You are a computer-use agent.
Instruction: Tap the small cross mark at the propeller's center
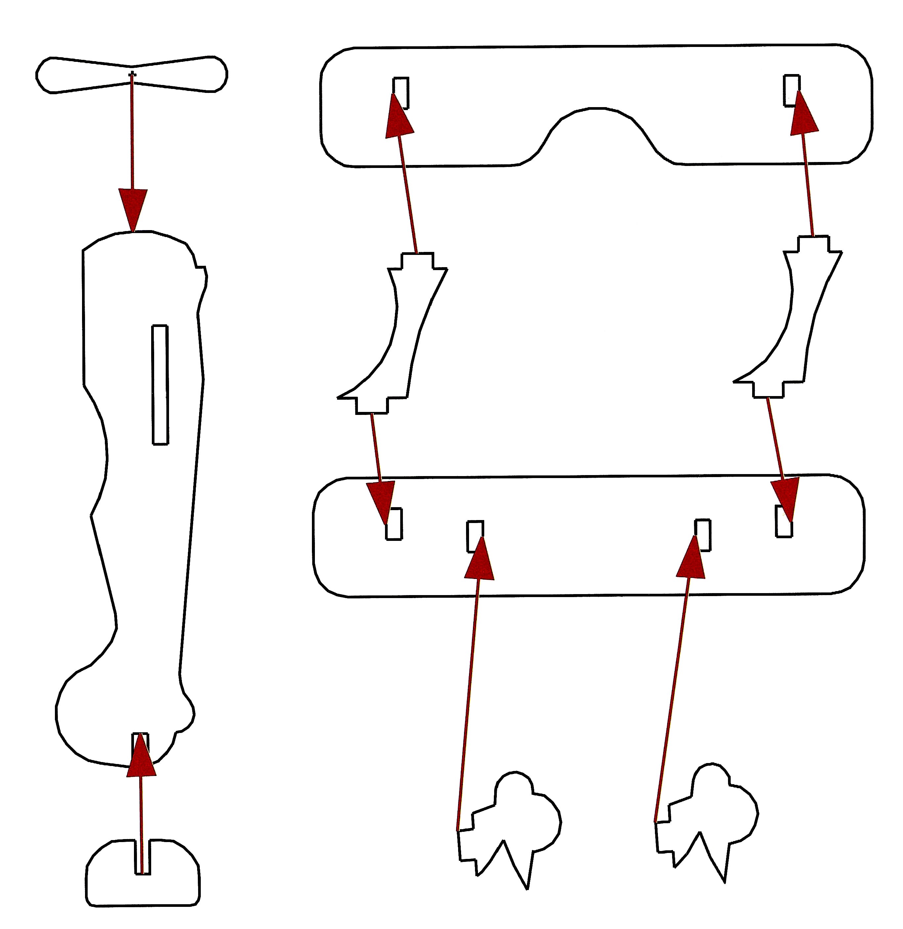[x=132, y=74]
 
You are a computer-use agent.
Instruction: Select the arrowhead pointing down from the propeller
[x=133, y=209]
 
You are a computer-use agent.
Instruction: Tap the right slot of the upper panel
[x=791, y=90]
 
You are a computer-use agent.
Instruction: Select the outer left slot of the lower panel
[x=394, y=524]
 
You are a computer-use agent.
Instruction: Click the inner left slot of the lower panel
[x=475, y=536]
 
